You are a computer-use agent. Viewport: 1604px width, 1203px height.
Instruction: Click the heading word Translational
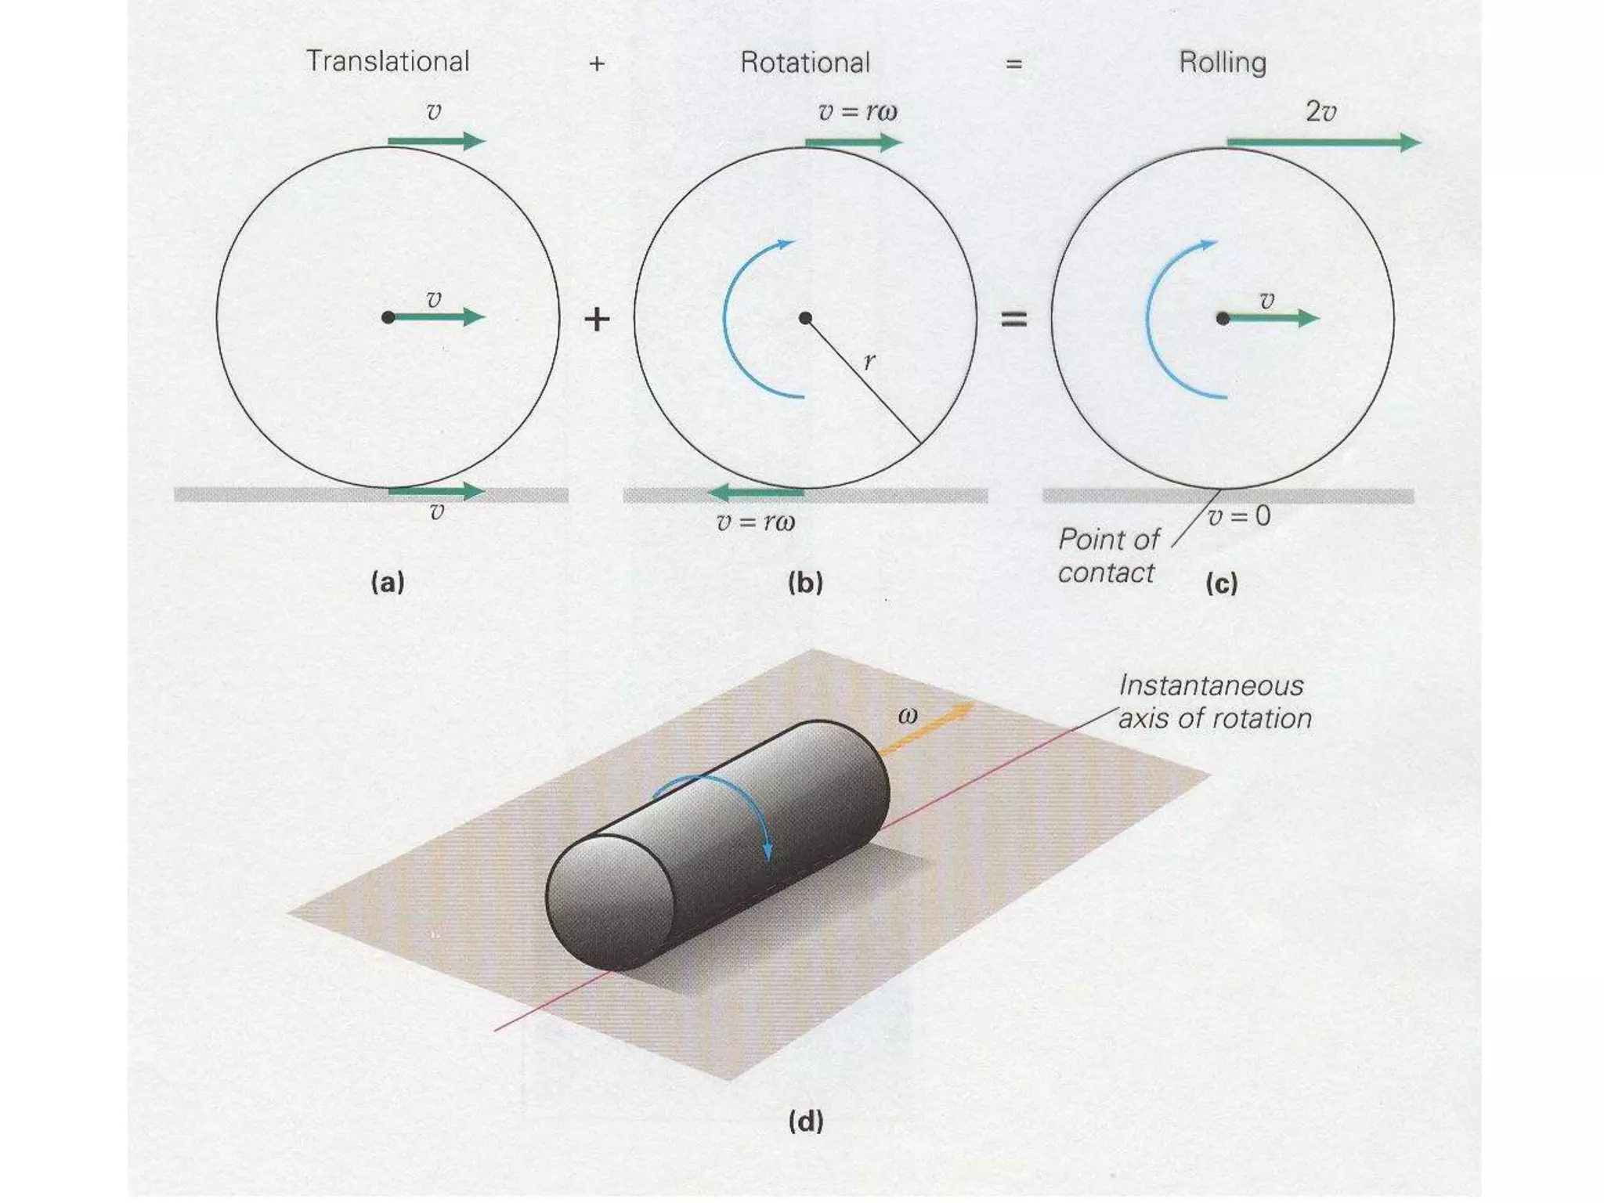coord(388,61)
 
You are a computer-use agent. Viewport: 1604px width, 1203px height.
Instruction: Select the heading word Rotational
coord(805,63)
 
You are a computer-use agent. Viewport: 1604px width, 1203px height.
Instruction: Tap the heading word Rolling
coord(1223,63)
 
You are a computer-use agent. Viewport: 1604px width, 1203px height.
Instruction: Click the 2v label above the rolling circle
coord(1320,112)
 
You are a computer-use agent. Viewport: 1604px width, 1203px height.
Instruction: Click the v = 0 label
coord(1239,516)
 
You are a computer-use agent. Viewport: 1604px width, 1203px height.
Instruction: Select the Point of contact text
coord(1107,556)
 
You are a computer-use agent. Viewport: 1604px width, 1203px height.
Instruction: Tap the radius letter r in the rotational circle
coord(869,361)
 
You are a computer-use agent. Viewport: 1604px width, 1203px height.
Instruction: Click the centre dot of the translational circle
coord(388,317)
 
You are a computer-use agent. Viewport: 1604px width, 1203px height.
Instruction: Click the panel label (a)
coord(388,583)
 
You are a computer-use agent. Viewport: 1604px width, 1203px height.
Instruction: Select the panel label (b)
coord(805,583)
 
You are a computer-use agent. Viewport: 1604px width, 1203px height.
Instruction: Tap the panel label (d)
coord(805,1122)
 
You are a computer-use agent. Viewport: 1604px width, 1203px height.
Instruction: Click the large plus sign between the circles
coord(597,319)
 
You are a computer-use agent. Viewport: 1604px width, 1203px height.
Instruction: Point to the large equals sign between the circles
coord(1014,319)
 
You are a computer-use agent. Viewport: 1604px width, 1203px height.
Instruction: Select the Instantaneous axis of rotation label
coord(1214,702)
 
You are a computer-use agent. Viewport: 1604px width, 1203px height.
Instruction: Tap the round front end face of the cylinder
coord(609,902)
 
